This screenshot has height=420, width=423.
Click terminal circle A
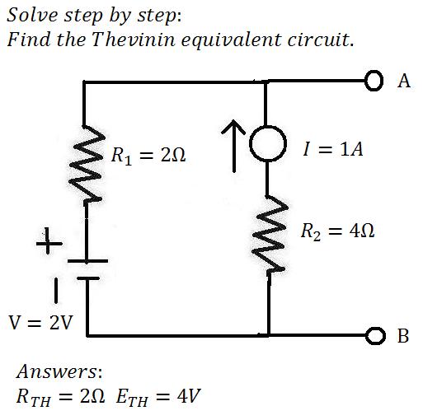(x=374, y=75)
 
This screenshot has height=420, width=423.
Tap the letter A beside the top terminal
(x=404, y=81)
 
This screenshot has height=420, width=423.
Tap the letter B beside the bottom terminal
(x=403, y=335)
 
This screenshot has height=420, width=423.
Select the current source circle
(x=250, y=143)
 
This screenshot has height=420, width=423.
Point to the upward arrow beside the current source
(x=233, y=147)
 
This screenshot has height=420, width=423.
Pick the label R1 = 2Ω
(x=148, y=156)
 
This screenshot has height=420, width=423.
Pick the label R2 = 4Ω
(x=337, y=231)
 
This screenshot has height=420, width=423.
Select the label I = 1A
(x=333, y=149)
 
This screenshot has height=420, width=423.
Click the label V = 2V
(x=40, y=322)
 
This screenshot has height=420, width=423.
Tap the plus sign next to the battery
(x=49, y=240)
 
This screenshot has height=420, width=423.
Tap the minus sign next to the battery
(x=56, y=291)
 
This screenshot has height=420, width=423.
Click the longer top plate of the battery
(x=87, y=261)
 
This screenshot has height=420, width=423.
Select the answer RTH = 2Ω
(x=60, y=397)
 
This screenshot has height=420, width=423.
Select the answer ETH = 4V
(x=158, y=397)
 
